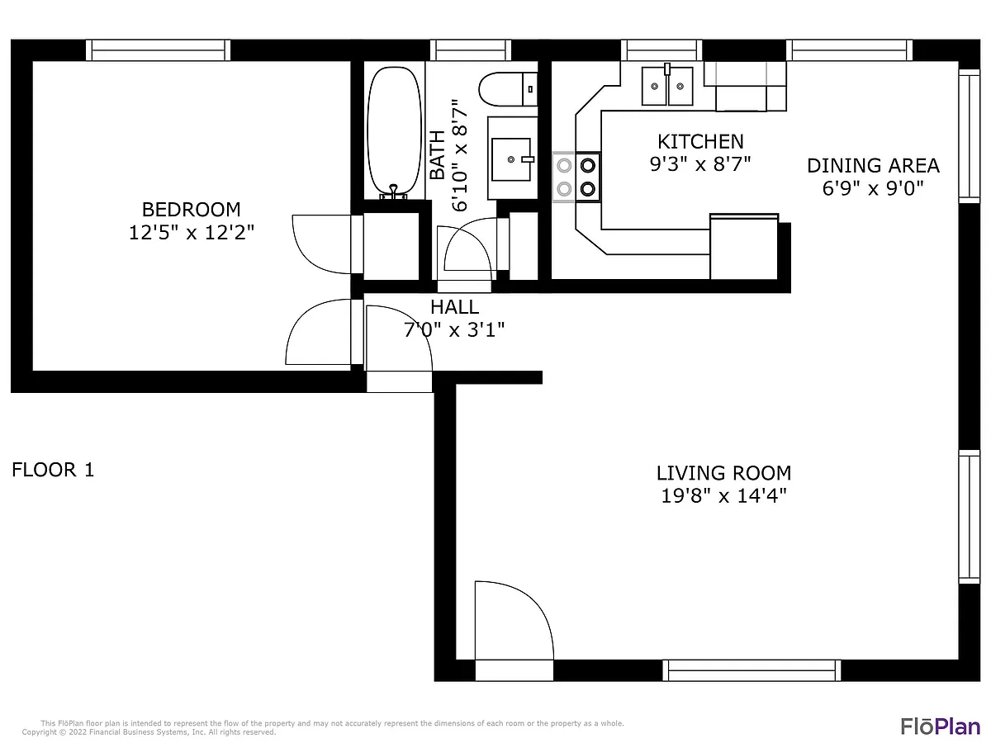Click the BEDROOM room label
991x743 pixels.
(191, 210)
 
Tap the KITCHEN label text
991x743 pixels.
(700, 142)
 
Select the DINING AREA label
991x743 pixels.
(873, 166)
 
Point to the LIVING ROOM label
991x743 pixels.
(723, 473)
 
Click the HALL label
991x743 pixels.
(454, 307)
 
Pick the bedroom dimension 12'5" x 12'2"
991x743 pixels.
(192, 233)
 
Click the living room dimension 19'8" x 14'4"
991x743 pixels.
(723, 496)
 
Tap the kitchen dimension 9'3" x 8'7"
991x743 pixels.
(700, 164)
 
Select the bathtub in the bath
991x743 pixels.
(394, 132)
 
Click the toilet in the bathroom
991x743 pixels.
(508, 89)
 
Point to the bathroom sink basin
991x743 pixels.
(511, 159)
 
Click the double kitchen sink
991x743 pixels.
(667, 85)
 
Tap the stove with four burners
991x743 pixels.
(576, 177)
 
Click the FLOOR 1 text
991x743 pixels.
(53, 470)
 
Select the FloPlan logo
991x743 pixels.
(940, 726)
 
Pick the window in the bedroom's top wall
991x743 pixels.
(158, 50)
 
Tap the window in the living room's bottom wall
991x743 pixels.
(752, 670)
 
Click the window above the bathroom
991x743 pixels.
(471, 50)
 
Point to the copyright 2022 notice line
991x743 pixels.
(149, 732)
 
